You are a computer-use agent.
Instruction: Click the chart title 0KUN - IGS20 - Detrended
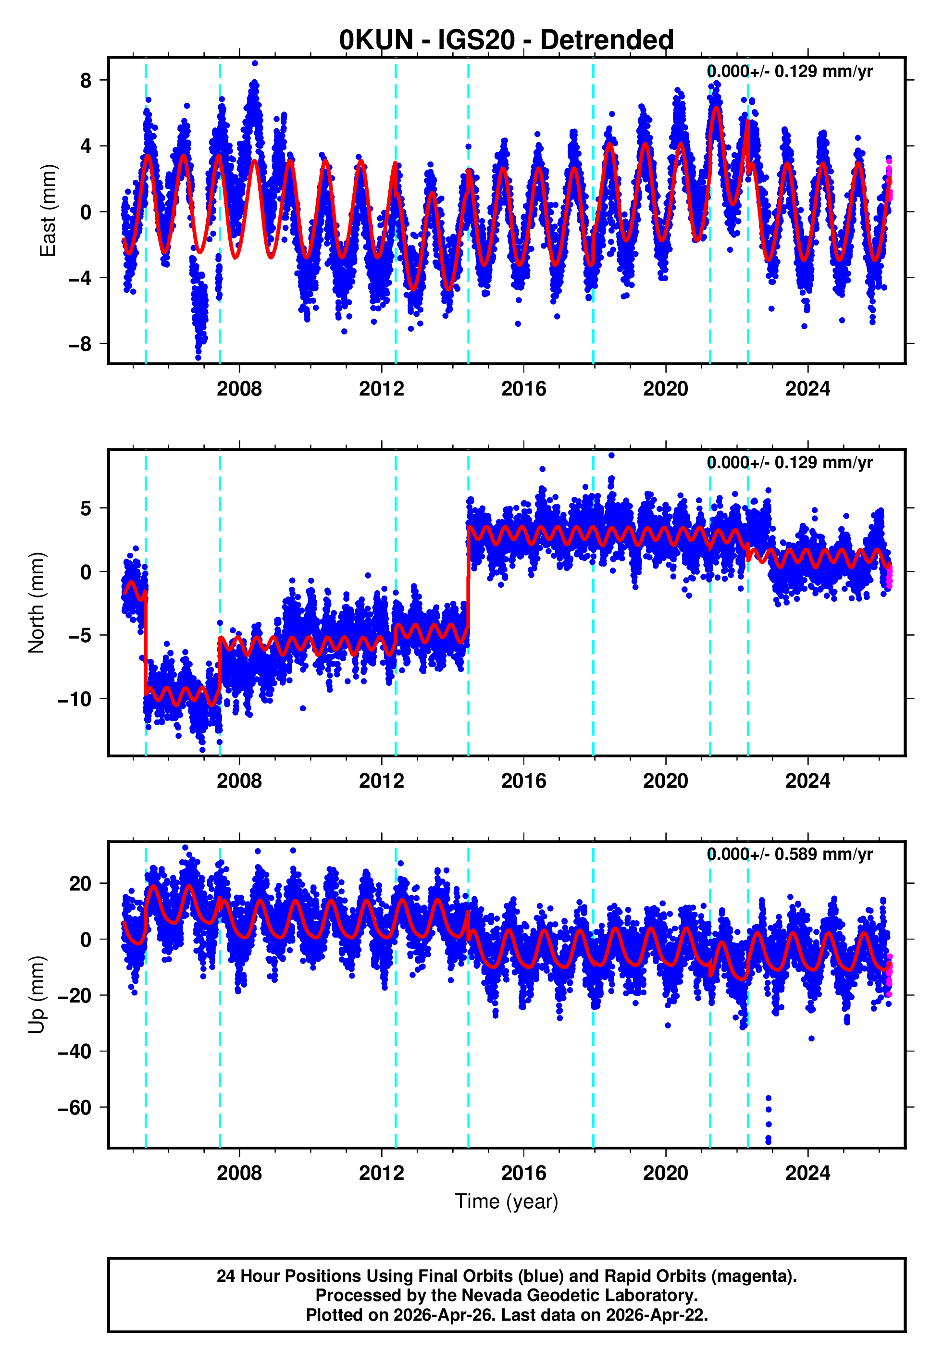pos(507,40)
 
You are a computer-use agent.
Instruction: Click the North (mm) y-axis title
pos(37,603)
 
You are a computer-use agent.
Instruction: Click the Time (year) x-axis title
pos(507,1201)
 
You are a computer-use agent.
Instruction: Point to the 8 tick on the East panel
pos(86,80)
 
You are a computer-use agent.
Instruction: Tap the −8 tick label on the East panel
pos(80,344)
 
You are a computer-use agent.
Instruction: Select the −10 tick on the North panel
pos(74,699)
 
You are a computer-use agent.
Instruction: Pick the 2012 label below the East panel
pos(381,389)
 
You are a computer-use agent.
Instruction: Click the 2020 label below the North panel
pos(665,781)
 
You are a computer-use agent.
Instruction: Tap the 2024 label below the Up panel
pos(807,1173)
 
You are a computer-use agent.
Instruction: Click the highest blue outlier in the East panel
pos(255,63)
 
